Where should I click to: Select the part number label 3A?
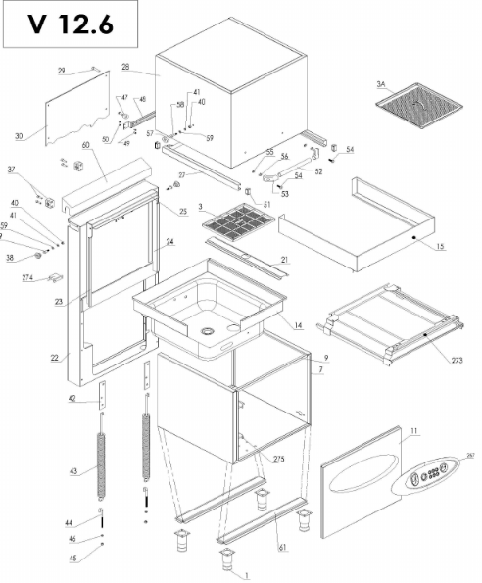click(381, 84)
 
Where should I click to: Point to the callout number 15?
click(440, 245)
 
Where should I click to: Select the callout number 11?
click(414, 431)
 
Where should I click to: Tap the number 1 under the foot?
click(247, 576)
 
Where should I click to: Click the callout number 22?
click(54, 358)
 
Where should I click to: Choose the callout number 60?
click(85, 145)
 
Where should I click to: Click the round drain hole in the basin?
click(209, 331)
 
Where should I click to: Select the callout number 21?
click(285, 260)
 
